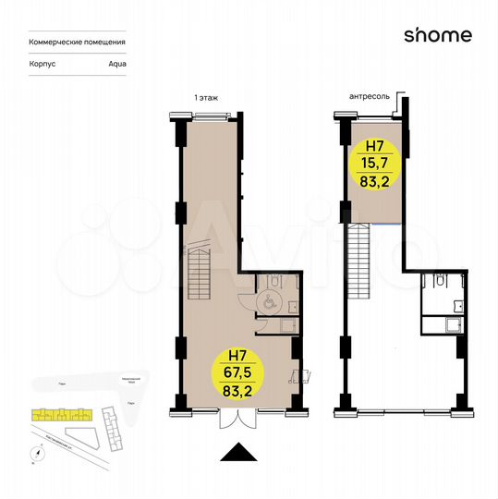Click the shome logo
coord(438,36)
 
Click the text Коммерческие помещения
coord(78,43)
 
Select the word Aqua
coord(116,65)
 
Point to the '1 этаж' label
coord(206,96)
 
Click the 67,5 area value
coord(239,372)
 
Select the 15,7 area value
coord(375,164)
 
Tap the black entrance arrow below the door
coord(239,452)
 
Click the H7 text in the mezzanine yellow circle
coord(375,146)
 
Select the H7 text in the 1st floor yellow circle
coord(239,355)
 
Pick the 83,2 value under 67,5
coord(239,391)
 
